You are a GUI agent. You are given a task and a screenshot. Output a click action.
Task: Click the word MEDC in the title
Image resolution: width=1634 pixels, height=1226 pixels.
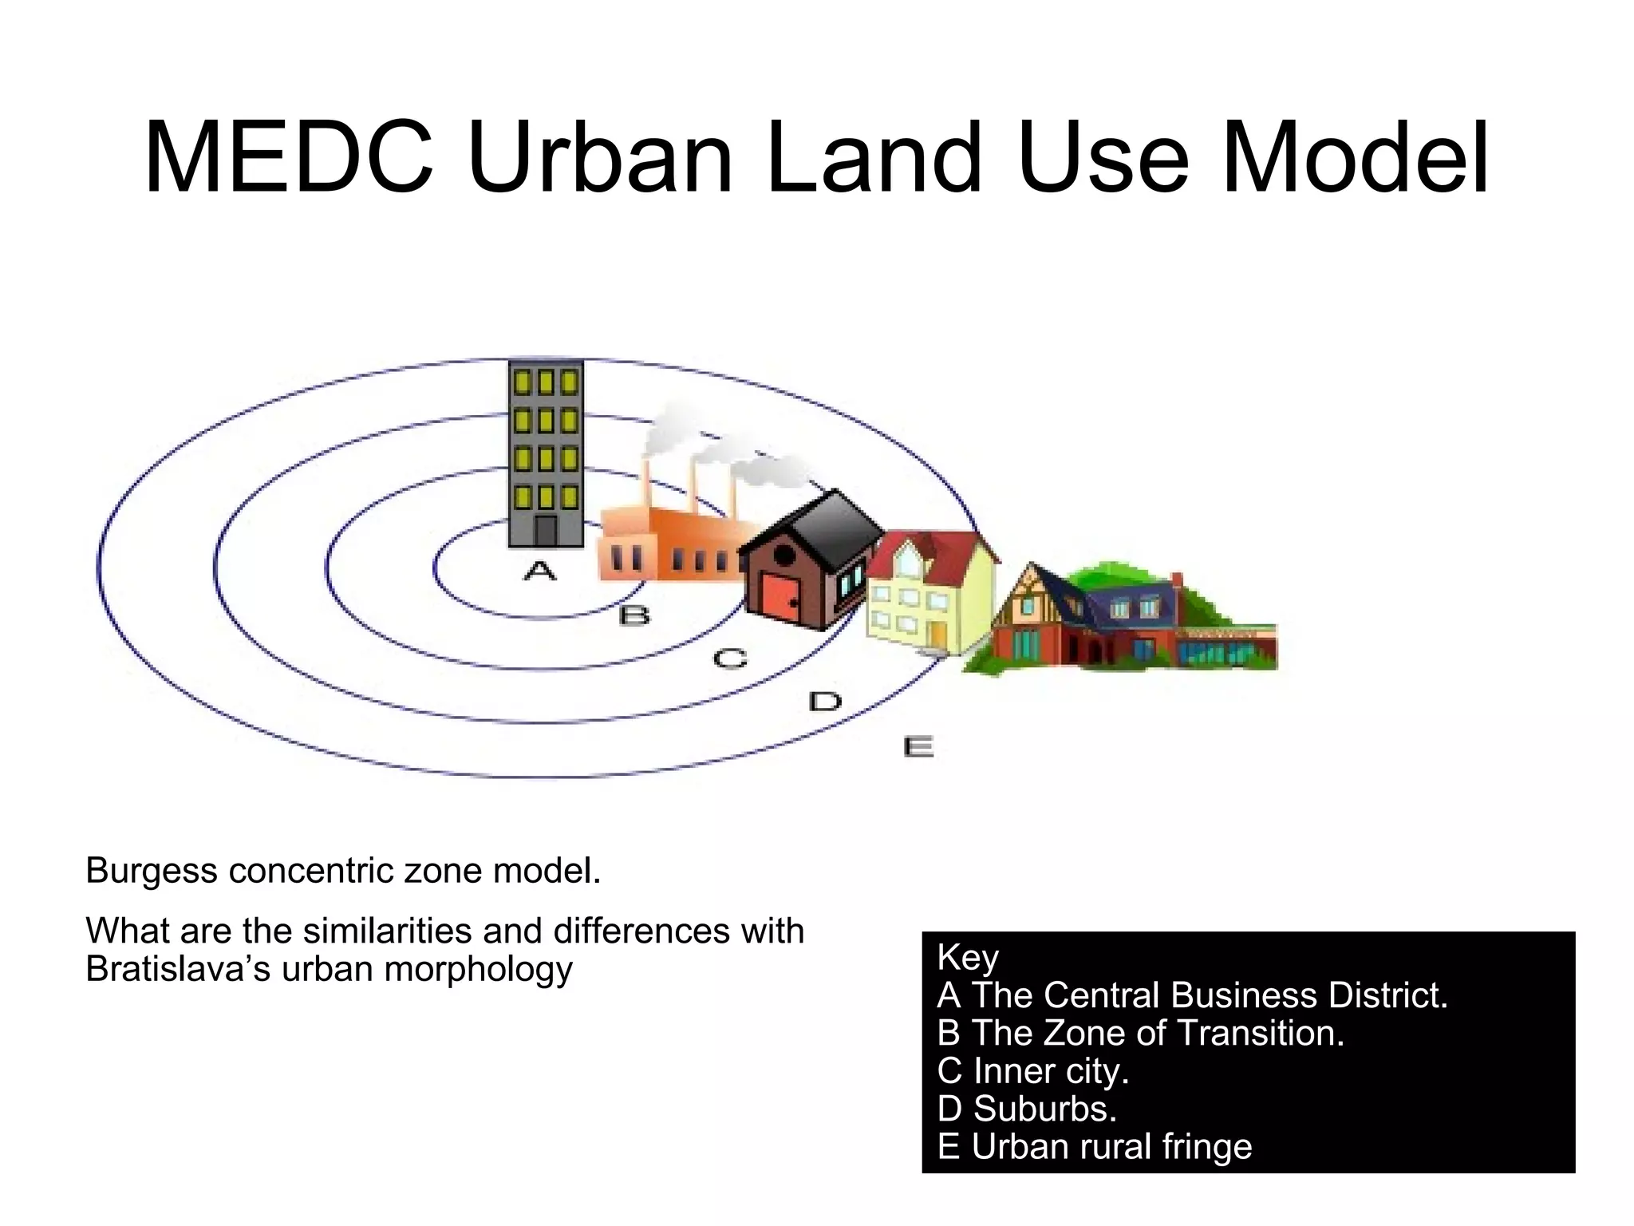tap(289, 157)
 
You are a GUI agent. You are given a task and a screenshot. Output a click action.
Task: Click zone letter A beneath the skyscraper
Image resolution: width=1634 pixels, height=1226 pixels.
tap(539, 571)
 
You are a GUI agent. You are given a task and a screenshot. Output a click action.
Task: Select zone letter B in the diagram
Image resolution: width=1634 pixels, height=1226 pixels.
tap(634, 615)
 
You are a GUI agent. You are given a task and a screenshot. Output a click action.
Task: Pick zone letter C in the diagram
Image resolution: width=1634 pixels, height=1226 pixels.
tap(730, 659)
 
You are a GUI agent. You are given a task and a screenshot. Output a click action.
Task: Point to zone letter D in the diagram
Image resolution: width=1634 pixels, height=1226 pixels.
tap(825, 702)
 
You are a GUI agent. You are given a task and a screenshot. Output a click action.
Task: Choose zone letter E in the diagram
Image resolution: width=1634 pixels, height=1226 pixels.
tap(918, 748)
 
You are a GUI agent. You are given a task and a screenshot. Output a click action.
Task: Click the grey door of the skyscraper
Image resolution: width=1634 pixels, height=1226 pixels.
tap(546, 531)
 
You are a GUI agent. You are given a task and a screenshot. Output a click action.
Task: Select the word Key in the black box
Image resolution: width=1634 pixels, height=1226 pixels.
tap(968, 957)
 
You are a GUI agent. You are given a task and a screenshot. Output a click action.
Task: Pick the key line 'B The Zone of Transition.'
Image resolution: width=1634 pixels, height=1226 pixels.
tap(1141, 1033)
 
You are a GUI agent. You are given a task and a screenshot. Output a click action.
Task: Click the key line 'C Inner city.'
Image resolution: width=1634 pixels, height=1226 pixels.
tap(1033, 1070)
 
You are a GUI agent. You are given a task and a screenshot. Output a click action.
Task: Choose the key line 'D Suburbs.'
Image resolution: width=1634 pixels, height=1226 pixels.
tap(1028, 1109)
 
